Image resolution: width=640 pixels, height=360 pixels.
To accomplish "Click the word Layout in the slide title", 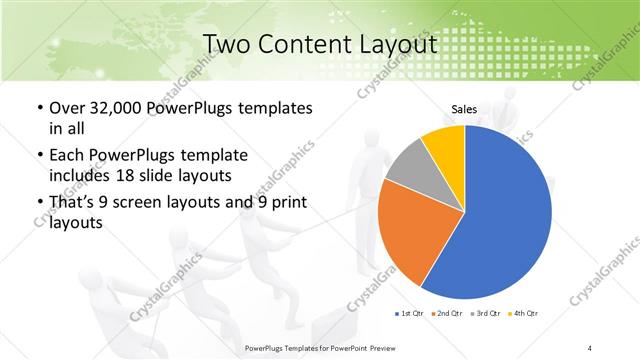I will (397, 44).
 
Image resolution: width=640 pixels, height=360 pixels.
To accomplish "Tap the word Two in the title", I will (228, 44).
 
